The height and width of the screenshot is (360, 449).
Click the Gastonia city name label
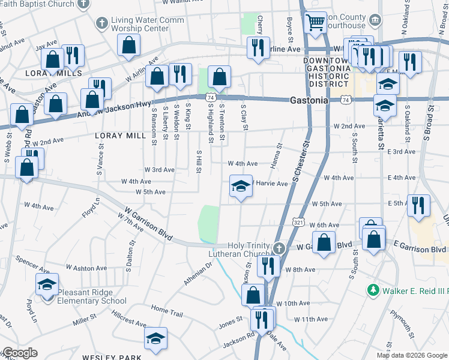click(309, 100)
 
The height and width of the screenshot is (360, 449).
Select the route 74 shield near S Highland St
click(211, 97)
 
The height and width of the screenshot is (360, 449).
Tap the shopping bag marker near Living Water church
click(129, 44)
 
